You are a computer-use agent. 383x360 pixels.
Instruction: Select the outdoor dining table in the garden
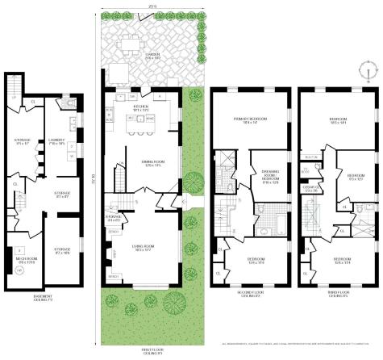130,40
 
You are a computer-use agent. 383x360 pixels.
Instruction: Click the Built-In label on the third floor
309,158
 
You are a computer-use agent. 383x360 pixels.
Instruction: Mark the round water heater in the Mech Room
19,270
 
